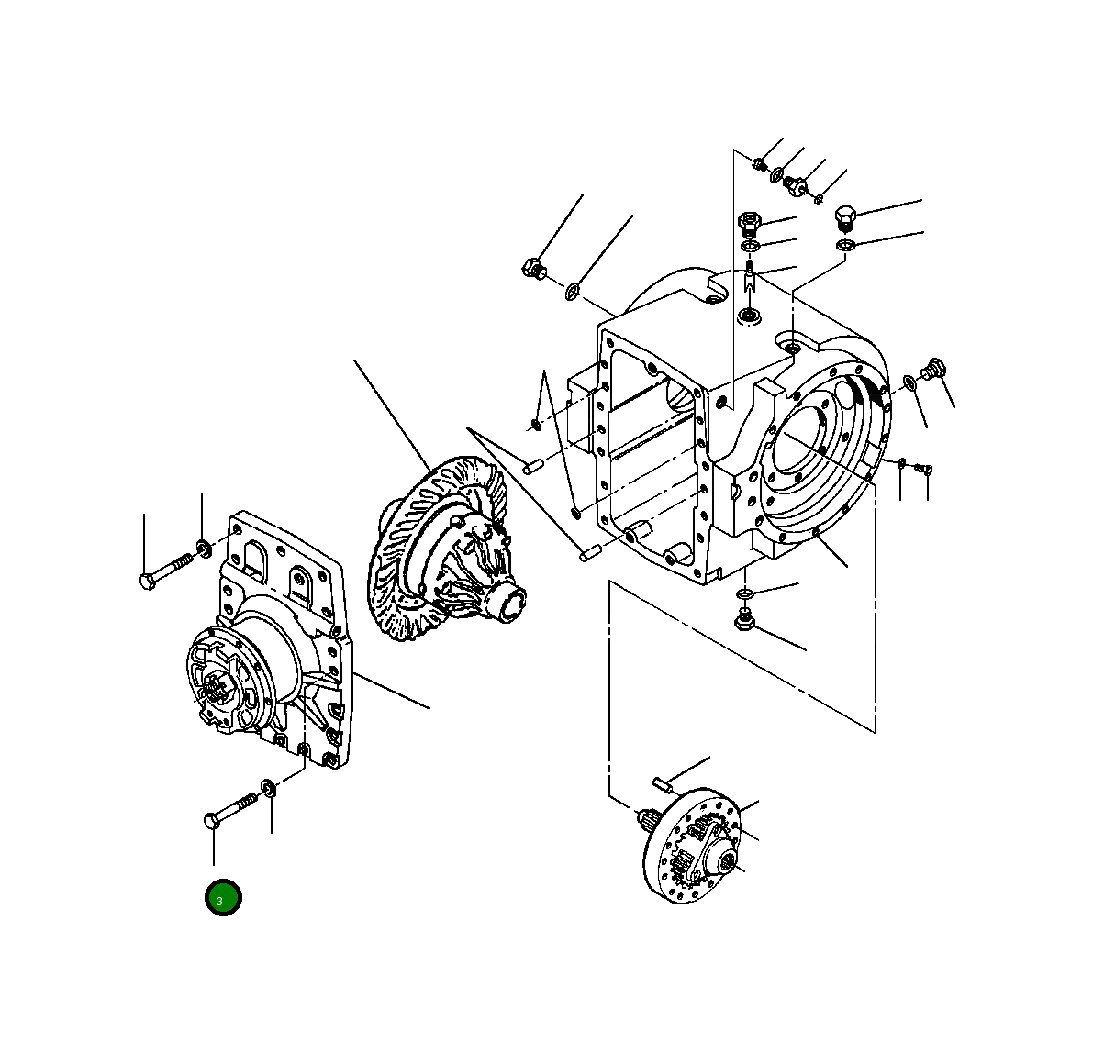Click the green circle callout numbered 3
(x=223, y=898)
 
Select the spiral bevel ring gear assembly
(x=447, y=549)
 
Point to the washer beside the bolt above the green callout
(x=268, y=789)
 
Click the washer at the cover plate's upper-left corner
(x=204, y=548)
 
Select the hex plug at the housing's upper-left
(x=533, y=267)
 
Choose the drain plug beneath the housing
(x=745, y=618)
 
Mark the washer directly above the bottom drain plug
(x=744, y=593)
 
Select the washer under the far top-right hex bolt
(x=845, y=245)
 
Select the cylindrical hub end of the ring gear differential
(x=508, y=601)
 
